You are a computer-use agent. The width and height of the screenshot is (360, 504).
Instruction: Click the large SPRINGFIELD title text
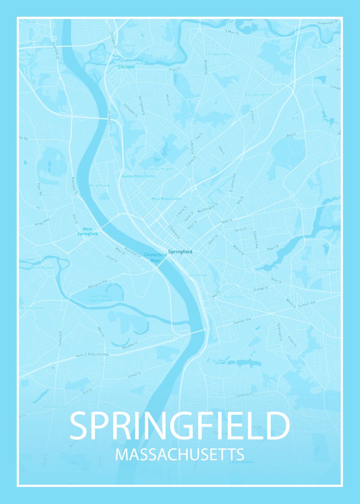coord(179,426)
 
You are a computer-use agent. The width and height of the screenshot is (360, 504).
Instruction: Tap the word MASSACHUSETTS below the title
coord(179,455)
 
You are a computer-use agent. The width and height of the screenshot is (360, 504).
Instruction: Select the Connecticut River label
coord(152,257)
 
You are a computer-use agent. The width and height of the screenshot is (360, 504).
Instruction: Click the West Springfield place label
coord(87,231)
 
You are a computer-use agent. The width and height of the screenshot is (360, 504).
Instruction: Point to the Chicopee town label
coord(126,67)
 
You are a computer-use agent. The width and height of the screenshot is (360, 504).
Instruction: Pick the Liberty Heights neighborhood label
coord(160,169)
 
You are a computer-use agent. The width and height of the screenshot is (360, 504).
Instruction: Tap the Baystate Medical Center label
coord(138,176)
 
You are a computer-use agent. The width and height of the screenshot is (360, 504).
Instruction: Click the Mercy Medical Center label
coord(166,199)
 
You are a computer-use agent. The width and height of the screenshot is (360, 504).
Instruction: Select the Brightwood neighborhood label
coord(100,185)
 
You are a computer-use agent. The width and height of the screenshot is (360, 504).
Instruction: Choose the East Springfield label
coord(258,94)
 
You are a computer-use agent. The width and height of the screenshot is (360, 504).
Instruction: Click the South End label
coord(197,275)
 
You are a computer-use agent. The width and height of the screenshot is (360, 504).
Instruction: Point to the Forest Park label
coord(234,297)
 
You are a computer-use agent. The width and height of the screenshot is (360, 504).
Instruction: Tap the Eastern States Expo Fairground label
coord(100,299)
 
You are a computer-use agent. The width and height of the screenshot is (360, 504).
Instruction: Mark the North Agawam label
coord(42,268)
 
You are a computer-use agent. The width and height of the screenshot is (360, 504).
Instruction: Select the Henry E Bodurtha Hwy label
coord(92,355)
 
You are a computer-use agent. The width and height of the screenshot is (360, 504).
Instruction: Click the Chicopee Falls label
coord(218,54)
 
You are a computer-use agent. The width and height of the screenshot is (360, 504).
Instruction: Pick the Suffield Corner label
coord(55,407)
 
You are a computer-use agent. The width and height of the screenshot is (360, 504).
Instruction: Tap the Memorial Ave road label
coord(98,284)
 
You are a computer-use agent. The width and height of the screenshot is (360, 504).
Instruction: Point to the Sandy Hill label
coord(128,45)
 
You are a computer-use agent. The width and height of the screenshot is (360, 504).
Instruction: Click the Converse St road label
coord(244,395)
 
